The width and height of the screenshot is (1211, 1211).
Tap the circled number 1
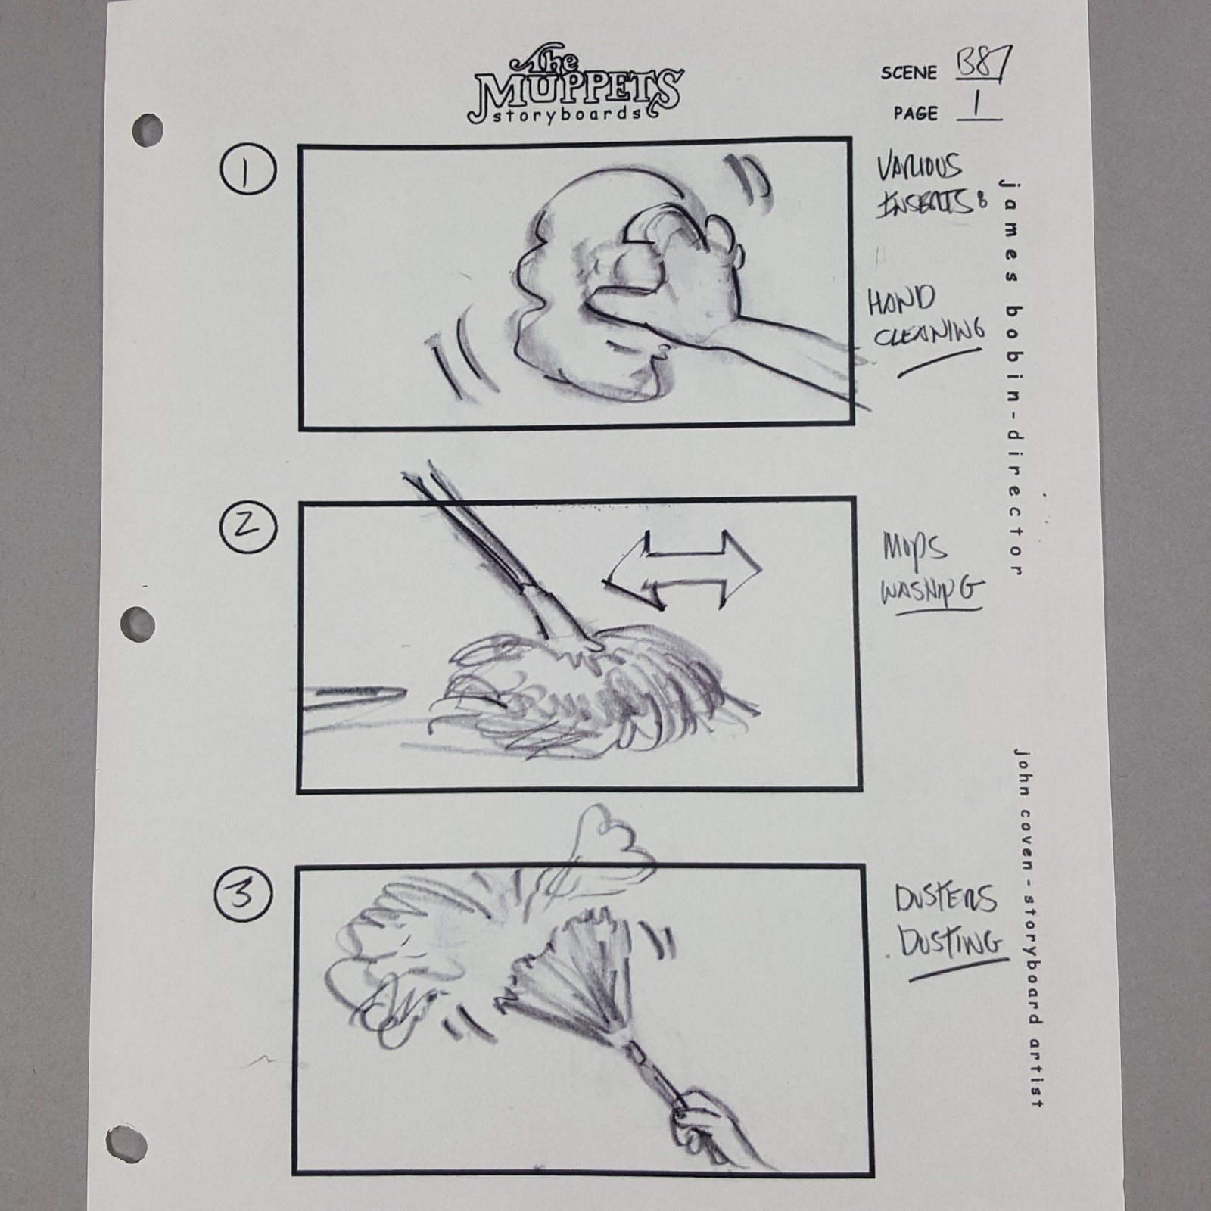248,170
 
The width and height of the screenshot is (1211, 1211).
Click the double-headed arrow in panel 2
683,569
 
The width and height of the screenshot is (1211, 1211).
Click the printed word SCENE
908,73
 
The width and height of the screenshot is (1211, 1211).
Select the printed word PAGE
915,114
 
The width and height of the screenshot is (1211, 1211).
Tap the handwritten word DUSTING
951,943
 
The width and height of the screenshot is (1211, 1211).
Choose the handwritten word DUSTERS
945,900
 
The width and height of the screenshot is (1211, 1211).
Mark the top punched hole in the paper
146,129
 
